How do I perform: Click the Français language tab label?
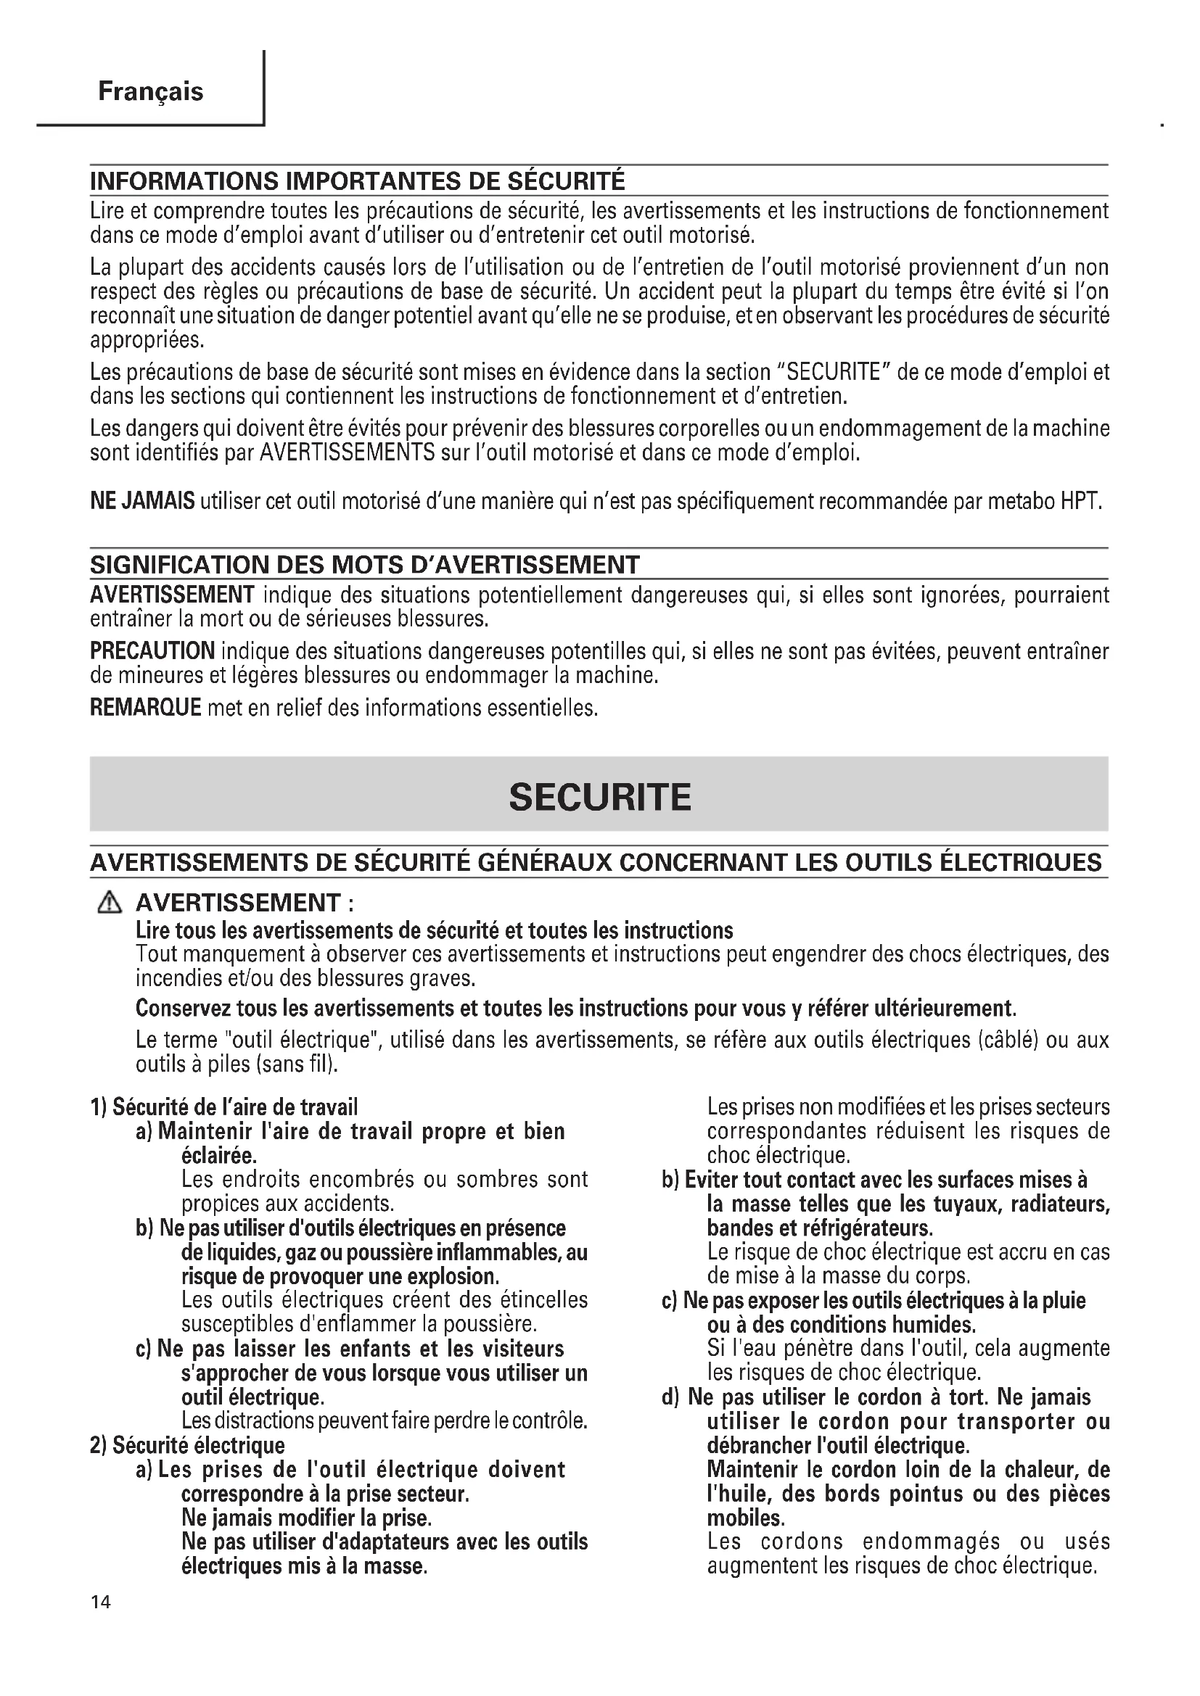point(150,91)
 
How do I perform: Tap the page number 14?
point(101,1622)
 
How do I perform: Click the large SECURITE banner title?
point(599,798)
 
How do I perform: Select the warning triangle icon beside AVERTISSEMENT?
point(110,903)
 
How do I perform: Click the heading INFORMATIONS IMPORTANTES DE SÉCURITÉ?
point(358,181)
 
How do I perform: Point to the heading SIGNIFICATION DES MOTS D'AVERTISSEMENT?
point(364,564)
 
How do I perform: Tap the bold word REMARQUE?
point(146,707)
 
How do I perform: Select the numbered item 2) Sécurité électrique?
point(187,1445)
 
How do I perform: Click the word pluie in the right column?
point(1064,1300)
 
